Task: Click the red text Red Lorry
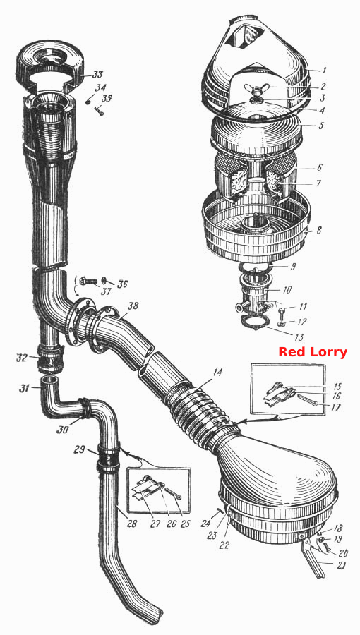(313, 351)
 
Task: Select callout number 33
(97, 75)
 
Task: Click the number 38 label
(133, 306)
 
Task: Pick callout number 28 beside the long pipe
(131, 524)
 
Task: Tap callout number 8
(319, 231)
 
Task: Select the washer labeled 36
(105, 280)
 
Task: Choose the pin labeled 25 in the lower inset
(173, 494)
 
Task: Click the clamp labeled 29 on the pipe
(108, 460)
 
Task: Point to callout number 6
(319, 167)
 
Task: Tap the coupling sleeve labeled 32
(50, 358)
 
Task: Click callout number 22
(224, 545)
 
